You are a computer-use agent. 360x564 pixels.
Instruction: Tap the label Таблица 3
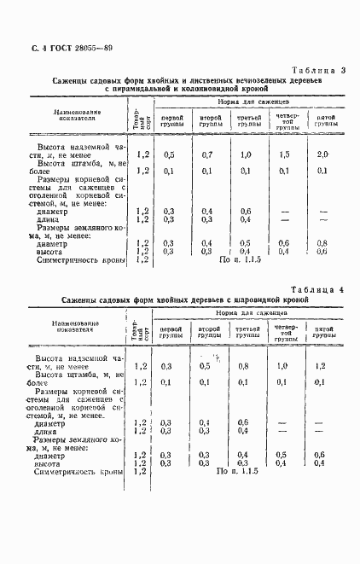coord(317,70)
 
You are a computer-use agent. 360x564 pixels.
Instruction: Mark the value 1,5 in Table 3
coord(284,154)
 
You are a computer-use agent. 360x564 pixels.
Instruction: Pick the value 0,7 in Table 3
coord(207,154)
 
